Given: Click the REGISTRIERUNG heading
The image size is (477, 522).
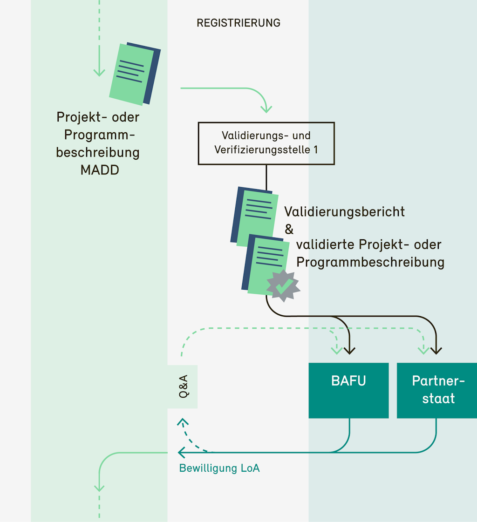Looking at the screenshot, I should [x=238, y=23].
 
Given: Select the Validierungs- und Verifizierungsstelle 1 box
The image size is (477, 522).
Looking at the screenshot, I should [x=266, y=143].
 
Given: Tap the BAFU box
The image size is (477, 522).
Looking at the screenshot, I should [x=348, y=390].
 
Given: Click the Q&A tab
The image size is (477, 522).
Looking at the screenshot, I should [x=183, y=386].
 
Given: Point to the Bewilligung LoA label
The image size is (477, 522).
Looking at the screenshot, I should [x=219, y=468].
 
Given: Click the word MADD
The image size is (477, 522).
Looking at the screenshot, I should [x=100, y=170].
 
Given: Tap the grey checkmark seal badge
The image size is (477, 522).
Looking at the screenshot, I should [x=283, y=285].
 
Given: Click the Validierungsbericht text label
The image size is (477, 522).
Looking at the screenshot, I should [x=345, y=211].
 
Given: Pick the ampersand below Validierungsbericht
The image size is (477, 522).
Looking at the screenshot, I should [x=289, y=229].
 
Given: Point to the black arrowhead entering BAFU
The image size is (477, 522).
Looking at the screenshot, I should [x=349, y=350].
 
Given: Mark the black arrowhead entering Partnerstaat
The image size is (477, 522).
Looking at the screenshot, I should [x=436, y=350].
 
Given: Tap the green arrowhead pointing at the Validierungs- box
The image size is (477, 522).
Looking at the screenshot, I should [x=266, y=109].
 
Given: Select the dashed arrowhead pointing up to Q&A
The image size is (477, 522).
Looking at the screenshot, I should [x=183, y=422].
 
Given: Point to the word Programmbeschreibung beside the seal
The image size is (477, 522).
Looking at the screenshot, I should [x=370, y=262].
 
